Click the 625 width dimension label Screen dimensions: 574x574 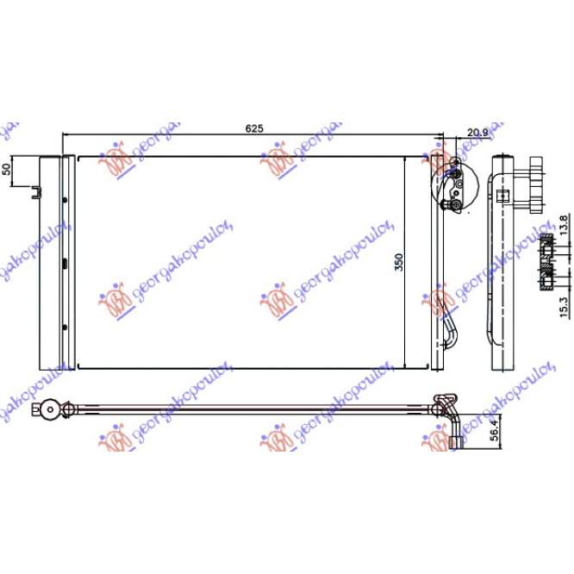253,128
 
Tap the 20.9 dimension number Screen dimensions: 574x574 477,132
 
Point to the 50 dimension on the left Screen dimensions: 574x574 7,168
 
